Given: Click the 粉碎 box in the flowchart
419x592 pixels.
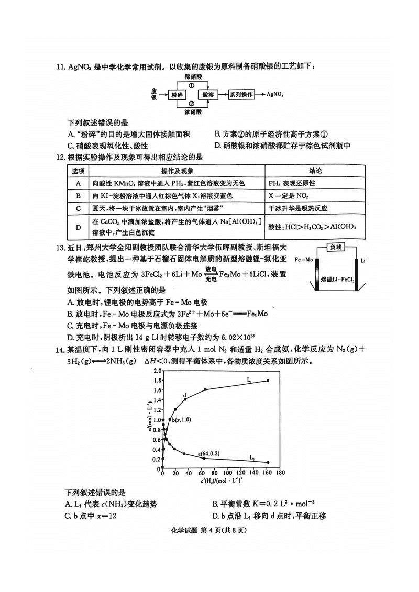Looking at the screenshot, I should (x=177, y=95).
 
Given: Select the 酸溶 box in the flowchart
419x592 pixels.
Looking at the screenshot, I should (x=208, y=95).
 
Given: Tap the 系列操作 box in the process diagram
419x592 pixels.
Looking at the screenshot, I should (x=241, y=95).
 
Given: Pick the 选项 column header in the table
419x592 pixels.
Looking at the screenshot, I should (x=78, y=171).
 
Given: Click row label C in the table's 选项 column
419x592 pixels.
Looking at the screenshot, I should (x=78, y=208).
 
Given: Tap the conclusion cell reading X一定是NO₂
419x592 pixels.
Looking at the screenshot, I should (x=288, y=196).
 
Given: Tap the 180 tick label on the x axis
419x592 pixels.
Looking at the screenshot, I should (x=280, y=472).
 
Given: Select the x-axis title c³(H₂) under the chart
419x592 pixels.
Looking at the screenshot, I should (x=219, y=479).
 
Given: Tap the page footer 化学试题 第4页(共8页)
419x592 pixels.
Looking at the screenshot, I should (x=209, y=530).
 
